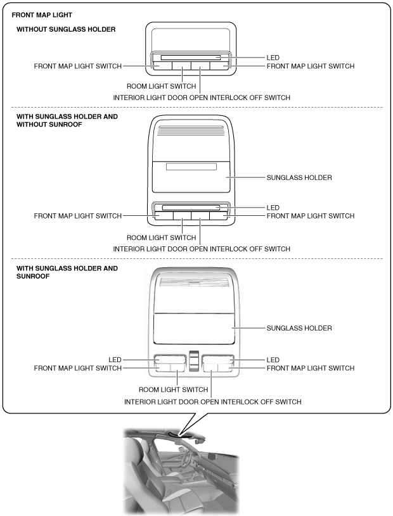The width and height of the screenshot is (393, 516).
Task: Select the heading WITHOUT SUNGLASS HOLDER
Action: (x=66, y=29)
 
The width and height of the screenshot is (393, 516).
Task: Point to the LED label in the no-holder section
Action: (x=273, y=58)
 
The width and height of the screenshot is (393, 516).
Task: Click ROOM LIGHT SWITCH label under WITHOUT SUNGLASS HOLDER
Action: (x=162, y=85)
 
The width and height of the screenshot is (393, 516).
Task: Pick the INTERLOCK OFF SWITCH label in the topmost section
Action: (x=201, y=98)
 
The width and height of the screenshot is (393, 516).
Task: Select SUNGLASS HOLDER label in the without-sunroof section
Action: (x=299, y=178)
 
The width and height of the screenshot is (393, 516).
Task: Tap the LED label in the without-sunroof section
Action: (x=273, y=208)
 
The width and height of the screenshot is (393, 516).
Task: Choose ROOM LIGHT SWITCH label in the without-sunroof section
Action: (x=162, y=237)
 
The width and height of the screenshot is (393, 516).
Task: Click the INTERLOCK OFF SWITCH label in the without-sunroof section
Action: (x=201, y=249)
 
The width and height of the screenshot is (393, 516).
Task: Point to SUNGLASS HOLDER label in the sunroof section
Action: (x=299, y=328)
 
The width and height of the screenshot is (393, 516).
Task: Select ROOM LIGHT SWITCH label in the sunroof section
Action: (x=173, y=389)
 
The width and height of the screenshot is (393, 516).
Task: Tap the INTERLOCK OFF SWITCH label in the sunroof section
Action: (x=212, y=401)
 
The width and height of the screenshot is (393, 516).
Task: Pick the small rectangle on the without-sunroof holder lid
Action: (x=190, y=167)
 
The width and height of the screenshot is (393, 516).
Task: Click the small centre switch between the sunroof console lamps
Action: (x=193, y=361)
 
